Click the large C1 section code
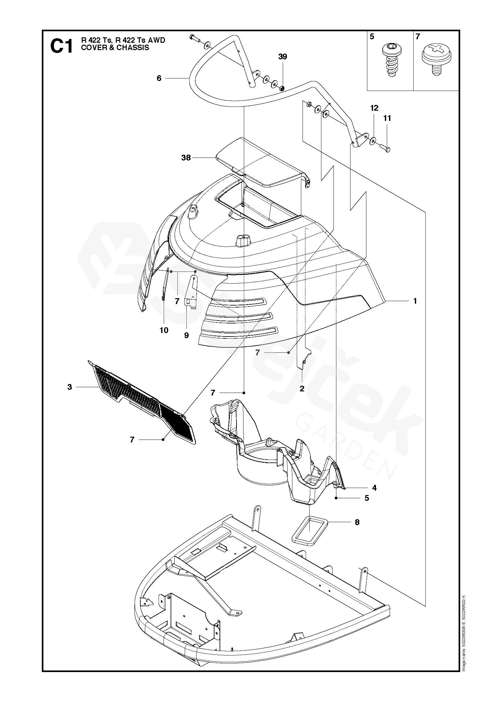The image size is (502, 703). tap(62, 47)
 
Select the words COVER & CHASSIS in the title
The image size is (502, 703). tap(115, 48)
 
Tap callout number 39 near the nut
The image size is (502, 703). tap(282, 57)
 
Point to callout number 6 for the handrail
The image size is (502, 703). tap(159, 78)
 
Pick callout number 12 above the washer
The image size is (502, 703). tap(374, 108)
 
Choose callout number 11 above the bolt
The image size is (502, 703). tap(387, 118)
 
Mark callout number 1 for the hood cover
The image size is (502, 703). tap(415, 301)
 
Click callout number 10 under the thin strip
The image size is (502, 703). tap(164, 330)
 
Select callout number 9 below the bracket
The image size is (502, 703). tap(186, 335)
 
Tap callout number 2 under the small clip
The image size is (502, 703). tap(302, 389)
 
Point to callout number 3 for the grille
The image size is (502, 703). tap(70, 387)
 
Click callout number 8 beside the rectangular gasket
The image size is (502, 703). tap(357, 522)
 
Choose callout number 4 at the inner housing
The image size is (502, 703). tap(374, 488)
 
